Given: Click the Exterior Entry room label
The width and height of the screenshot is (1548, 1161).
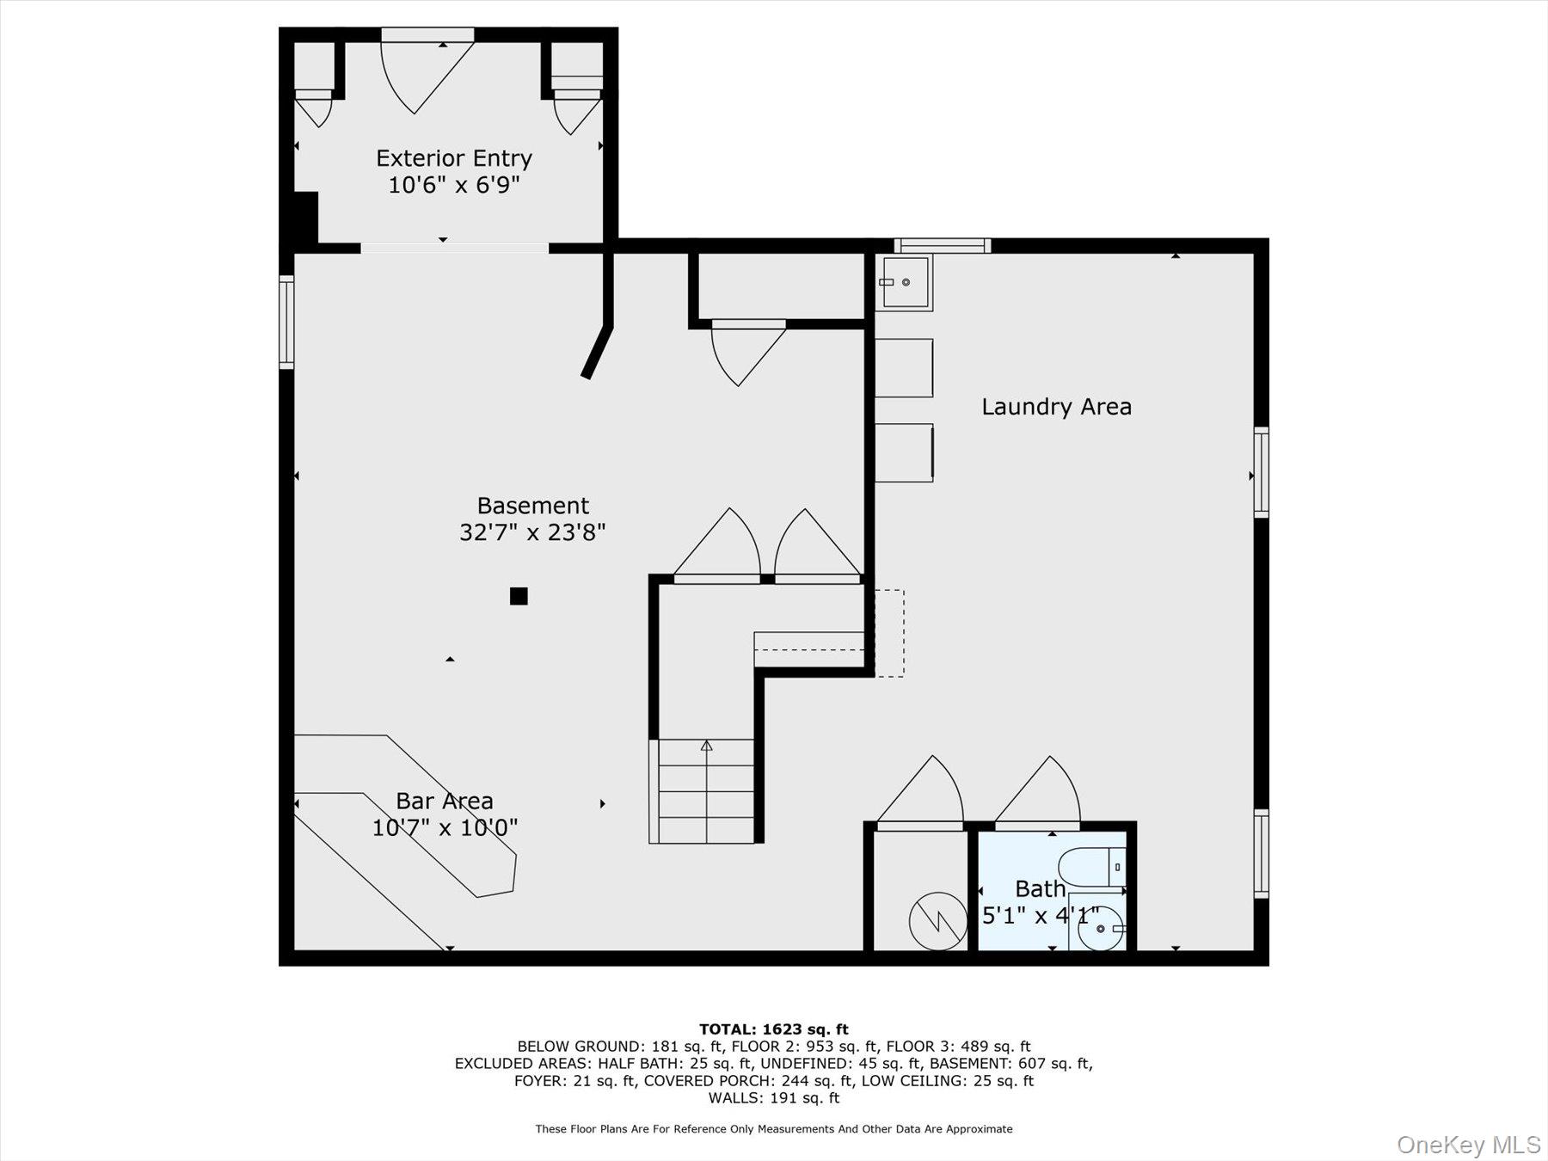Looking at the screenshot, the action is click(454, 158).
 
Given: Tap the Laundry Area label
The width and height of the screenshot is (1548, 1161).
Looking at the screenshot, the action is click(1056, 406).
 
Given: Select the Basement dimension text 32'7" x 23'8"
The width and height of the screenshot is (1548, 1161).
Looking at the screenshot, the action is click(532, 532).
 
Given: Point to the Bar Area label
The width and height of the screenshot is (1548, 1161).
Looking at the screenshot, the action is click(445, 801).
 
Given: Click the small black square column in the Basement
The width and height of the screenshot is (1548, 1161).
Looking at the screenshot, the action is click(519, 596).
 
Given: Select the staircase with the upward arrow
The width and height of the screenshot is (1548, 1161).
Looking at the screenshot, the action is click(706, 791).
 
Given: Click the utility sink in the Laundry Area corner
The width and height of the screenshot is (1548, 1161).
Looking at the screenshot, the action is click(904, 282).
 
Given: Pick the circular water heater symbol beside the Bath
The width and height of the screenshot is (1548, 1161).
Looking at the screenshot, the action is click(938, 921).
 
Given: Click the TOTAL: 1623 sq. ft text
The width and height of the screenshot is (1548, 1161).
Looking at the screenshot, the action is click(774, 1029).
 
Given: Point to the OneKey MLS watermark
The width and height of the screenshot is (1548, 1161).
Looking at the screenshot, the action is click(1469, 1145).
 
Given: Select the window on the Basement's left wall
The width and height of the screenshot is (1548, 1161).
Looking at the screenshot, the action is click(286, 322).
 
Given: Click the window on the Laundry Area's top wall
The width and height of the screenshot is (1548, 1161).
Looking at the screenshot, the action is click(943, 246).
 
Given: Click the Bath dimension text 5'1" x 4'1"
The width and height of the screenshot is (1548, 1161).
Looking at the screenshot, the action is click(1041, 916).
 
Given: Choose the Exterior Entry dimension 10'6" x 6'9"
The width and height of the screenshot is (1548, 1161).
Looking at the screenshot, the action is click(454, 185).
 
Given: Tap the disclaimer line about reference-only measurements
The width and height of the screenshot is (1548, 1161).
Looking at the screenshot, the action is click(774, 1129).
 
